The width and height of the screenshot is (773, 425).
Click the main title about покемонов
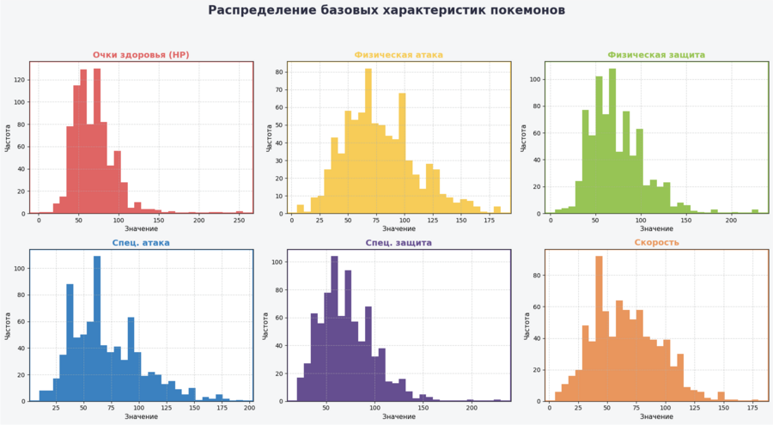(386, 10)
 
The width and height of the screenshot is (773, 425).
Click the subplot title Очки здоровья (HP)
(141, 55)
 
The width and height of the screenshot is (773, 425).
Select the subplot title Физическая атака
(399, 55)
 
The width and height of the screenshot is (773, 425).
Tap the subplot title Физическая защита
(656, 55)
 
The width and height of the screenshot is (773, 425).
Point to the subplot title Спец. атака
(141, 243)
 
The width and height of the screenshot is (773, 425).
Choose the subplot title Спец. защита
(399, 243)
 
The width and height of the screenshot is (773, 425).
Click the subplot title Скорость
(656, 243)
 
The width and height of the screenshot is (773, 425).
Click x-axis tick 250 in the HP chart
(239, 221)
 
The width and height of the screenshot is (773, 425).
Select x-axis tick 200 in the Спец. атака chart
(249, 409)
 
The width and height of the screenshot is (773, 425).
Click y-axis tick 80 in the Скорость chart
(536, 276)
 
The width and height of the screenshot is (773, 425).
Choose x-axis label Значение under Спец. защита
(399, 417)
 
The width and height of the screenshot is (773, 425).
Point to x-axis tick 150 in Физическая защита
(685, 221)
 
